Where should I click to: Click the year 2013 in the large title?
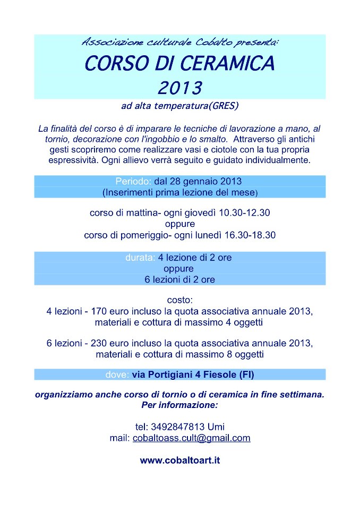point(180,86)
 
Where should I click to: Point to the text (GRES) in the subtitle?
point(223,106)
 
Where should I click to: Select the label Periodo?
point(134,181)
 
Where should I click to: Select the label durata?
point(140,258)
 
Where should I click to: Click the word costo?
point(180,300)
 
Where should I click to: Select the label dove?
point(117,375)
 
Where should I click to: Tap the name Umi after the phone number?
point(216,427)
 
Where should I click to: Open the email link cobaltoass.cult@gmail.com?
point(191,438)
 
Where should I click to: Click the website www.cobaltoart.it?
point(180,460)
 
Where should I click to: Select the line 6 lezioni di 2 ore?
point(180,279)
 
